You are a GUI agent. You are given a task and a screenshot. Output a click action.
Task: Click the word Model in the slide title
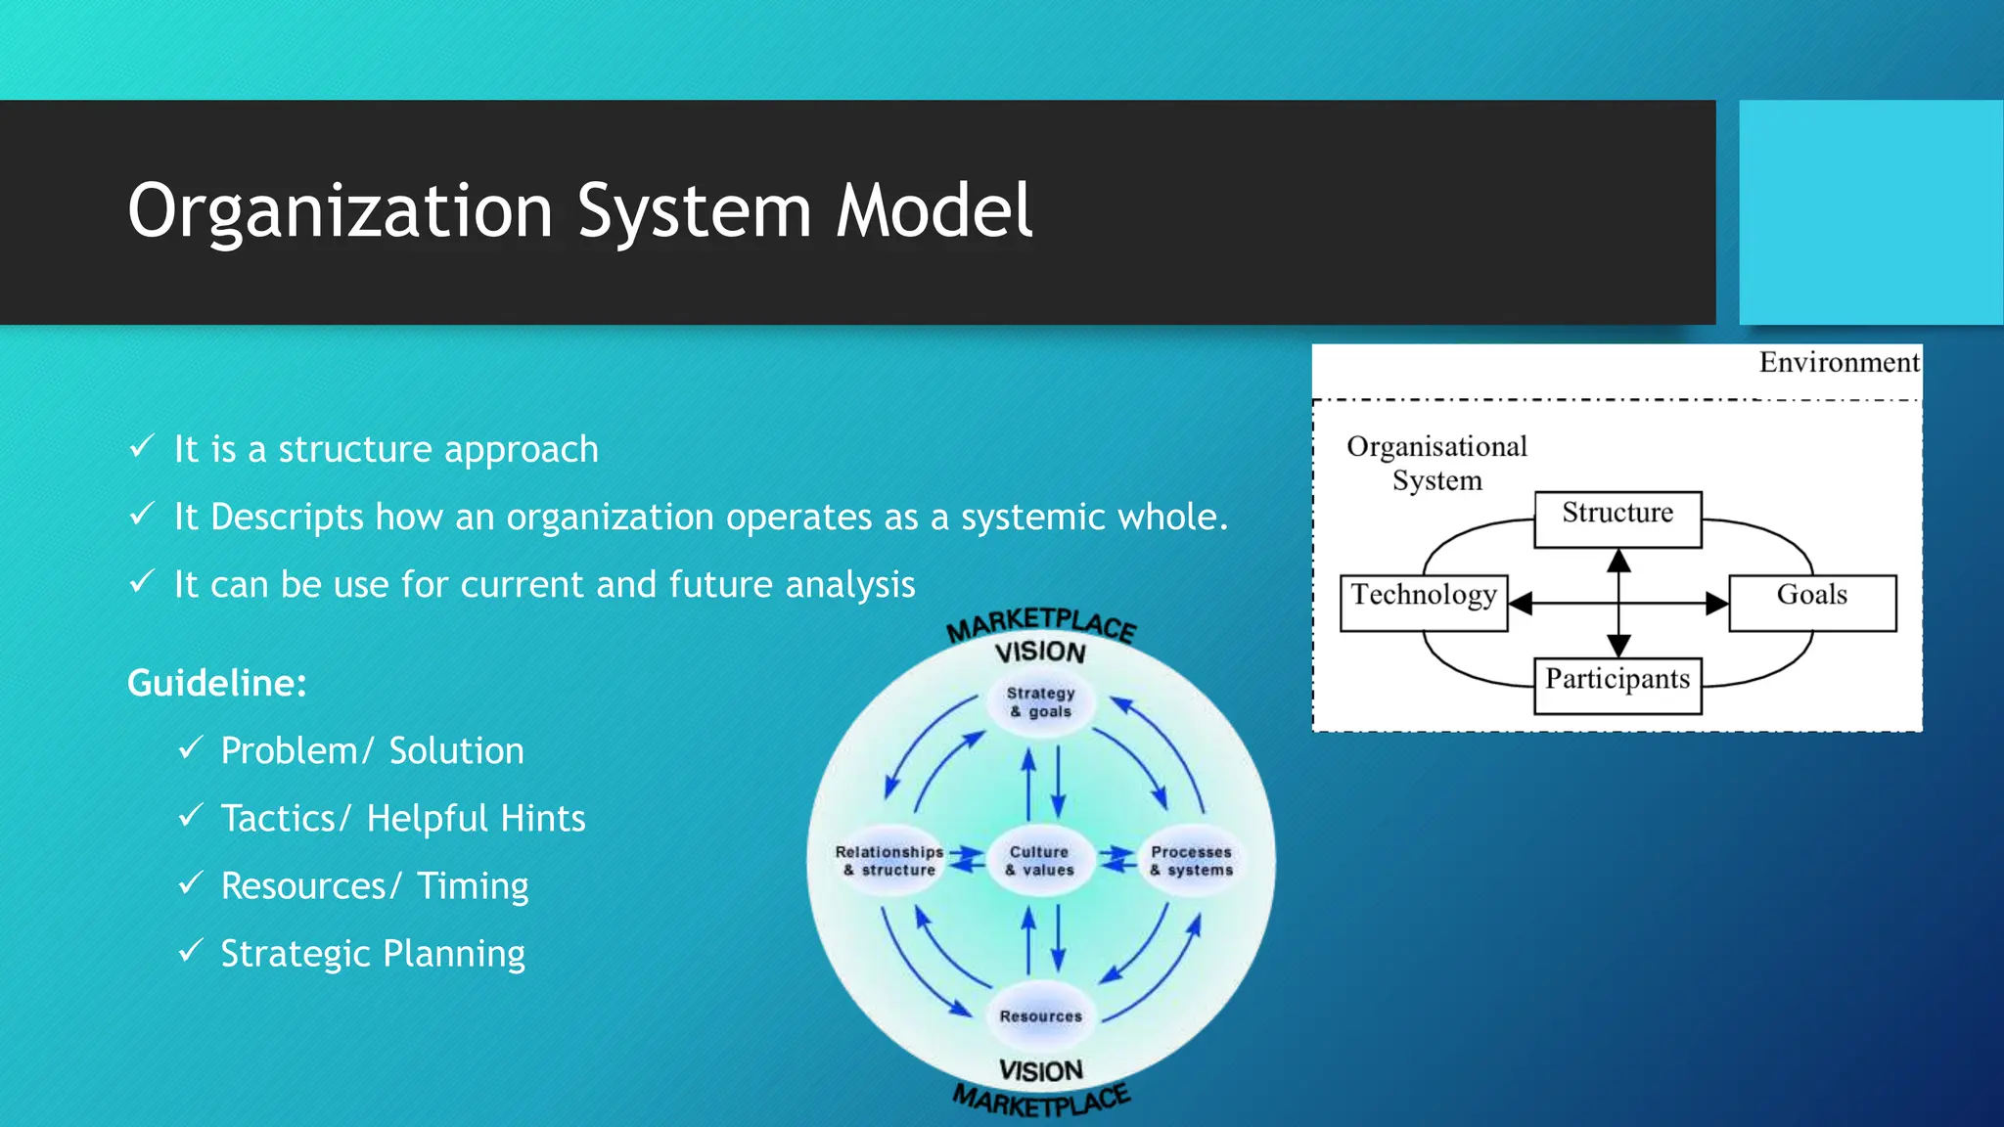[934, 210]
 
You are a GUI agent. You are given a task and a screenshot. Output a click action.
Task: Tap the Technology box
[1423, 601]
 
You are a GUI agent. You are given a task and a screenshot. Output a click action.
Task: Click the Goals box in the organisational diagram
[1812, 601]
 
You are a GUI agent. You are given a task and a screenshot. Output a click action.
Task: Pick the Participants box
[1617, 684]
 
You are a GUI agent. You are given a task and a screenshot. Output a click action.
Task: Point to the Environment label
[1838, 362]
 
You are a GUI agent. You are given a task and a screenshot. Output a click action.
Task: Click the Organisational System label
[1436, 463]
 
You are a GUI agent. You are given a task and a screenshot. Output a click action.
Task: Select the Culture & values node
[1040, 861]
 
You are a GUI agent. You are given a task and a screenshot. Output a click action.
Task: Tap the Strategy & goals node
[1041, 701]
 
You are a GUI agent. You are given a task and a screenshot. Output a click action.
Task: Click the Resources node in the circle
[1041, 1015]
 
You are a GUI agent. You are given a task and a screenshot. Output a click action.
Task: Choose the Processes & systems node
[1191, 861]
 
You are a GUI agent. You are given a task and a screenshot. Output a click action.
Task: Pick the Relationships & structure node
[889, 861]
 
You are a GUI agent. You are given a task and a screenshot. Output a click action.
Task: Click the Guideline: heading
[217, 683]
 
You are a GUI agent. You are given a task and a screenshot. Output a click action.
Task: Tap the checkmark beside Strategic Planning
[190, 950]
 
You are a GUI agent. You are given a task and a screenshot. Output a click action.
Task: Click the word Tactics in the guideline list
[278, 818]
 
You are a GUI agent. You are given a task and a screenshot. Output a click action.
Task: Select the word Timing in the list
[473, 885]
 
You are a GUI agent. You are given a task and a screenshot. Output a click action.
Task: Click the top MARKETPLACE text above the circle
[1041, 624]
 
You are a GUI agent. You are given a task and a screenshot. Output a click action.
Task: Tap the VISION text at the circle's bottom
[1041, 1070]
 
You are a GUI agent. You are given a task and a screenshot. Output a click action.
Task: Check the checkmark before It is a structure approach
[142, 447]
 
